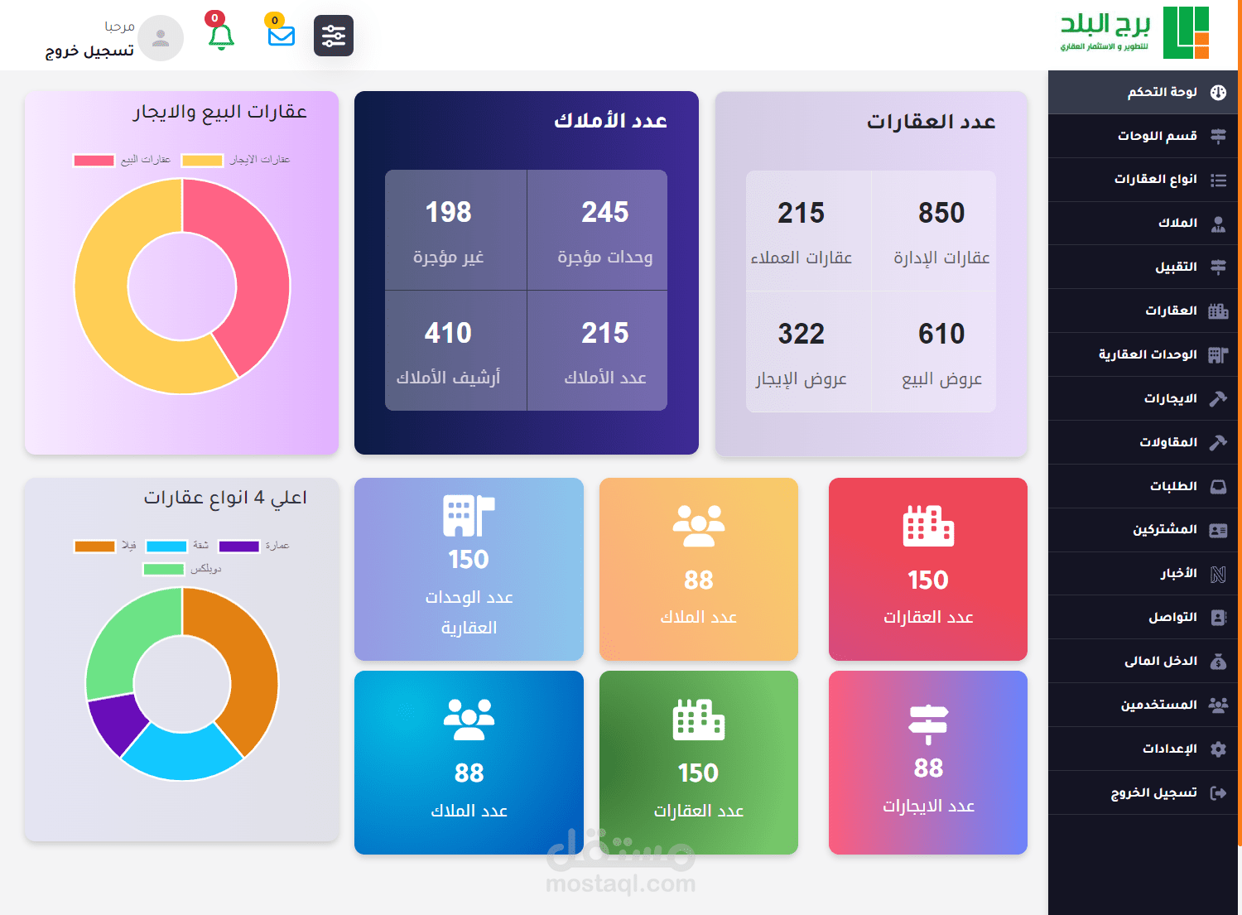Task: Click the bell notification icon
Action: (x=221, y=36)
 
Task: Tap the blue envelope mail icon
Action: (x=282, y=36)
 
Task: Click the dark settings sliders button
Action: (x=334, y=36)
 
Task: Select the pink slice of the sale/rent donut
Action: (x=248, y=265)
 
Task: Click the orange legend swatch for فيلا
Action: (x=94, y=547)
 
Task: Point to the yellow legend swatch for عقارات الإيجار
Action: (x=202, y=161)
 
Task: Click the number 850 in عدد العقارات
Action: (x=941, y=214)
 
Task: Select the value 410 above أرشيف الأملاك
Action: (x=448, y=334)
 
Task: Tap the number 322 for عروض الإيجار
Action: (x=801, y=335)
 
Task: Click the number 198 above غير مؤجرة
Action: (x=448, y=213)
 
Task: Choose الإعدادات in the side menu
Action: (x=1170, y=749)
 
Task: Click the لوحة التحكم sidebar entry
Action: (x=1163, y=93)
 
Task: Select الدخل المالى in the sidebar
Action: (x=1161, y=662)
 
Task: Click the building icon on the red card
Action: (x=928, y=526)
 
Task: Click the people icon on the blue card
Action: (x=469, y=720)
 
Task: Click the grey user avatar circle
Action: (x=161, y=38)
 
